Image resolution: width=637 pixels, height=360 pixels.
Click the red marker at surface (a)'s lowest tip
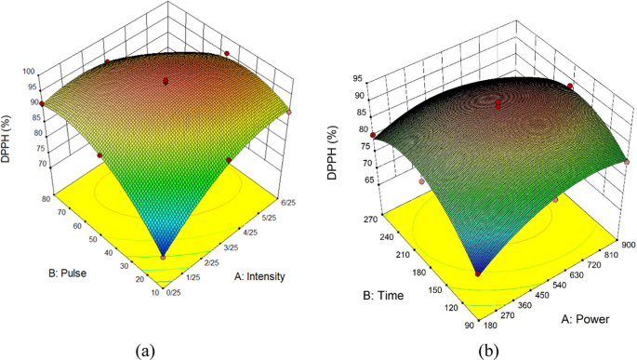tap(164, 257)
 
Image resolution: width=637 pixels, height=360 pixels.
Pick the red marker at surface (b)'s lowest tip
tap(479, 273)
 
